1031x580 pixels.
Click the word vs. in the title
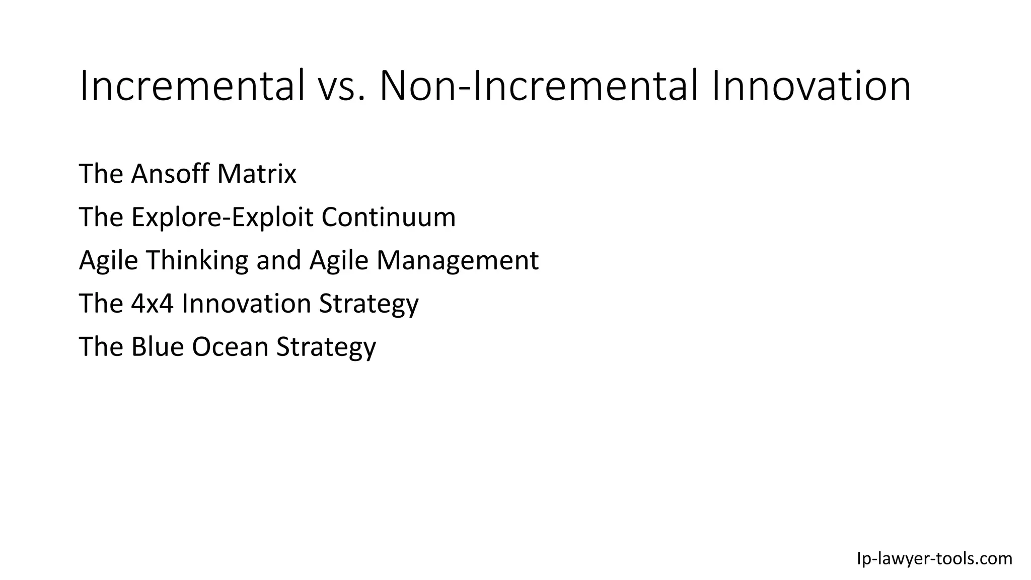click(x=341, y=87)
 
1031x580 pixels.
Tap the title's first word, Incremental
click(x=192, y=87)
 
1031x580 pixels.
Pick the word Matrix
click(x=257, y=174)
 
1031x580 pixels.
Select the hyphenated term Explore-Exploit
click(x=223, y=217)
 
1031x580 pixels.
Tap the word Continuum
click(x=389, y=217)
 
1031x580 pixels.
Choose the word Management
click(x=458, y=260)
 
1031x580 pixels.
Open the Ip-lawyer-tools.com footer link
click(x=934, y=558)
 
